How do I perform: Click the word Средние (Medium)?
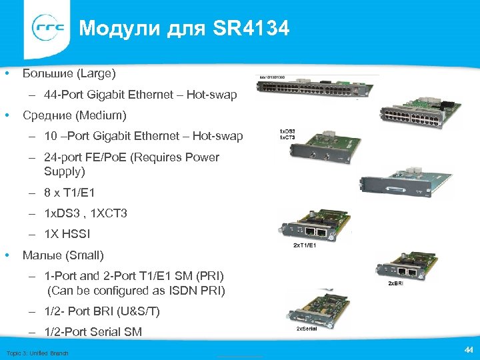coord(74,116)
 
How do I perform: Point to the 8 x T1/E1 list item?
coord(69,193)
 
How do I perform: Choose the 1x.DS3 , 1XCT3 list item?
coord(85,213)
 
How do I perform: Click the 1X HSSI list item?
coord(67,234)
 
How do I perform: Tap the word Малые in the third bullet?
coord(43,255)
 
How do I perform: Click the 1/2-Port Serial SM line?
coord(93,331)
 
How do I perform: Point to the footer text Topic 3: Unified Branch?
coord(37,353)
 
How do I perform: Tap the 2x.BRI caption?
coord(397,283)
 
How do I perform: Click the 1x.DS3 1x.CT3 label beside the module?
coord(287,134)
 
